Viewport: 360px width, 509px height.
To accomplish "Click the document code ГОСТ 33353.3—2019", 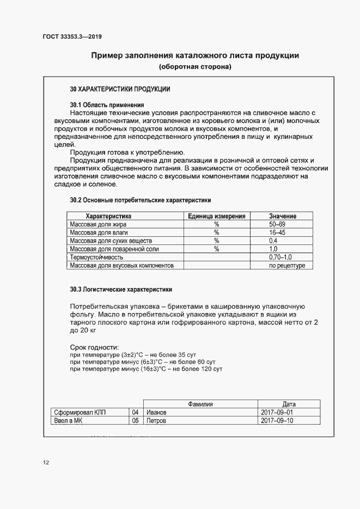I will (x=72, y=37).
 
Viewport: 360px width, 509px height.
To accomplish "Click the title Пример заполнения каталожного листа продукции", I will (x=195, y=56).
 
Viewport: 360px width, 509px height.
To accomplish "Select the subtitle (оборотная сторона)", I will (x=195, y=68).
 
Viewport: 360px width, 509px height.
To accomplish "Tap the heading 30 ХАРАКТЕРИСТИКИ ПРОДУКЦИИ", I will (x=120, y=89).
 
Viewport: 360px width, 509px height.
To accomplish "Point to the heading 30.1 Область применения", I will (x=107, y=105).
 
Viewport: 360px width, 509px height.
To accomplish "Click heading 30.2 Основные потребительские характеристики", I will (x=140, y=200).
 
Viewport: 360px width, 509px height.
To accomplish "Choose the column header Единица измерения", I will (x=216, y=216).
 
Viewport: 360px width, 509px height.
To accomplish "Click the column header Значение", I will (x=283, y=216).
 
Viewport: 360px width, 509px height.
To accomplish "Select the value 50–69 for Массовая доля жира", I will (x=277, y=224).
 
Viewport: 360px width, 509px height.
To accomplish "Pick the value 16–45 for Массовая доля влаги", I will (x=277, y=232).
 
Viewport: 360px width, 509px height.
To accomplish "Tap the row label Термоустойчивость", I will (x=96, y=257).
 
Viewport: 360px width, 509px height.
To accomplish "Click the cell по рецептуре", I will (x=287, y=266).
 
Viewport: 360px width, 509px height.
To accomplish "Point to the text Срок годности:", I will (x=94, y=347).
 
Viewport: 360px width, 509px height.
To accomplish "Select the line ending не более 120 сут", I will (x=147, y=369).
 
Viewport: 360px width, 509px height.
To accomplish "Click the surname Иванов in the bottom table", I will (x=157, y=413).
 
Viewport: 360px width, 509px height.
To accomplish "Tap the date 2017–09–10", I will (x=277, y=421).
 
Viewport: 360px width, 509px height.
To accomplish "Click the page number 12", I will (x=46, y=463).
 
